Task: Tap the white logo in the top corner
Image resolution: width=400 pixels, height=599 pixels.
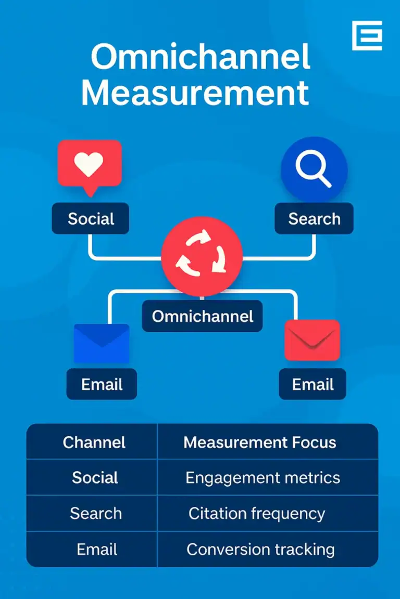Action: (x=367, y=35)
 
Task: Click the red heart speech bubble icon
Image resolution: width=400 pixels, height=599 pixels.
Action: (x=90, y=165)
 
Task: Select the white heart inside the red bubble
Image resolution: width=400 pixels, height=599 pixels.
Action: (x=90, y=163)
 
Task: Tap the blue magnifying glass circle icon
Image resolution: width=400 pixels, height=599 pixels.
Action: (x=314, y=168)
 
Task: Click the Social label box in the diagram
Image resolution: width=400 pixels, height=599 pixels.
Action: (x=91, y=218)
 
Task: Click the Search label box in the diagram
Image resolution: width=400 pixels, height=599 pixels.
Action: (x=314, y=218)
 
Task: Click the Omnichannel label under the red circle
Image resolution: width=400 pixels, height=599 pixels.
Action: (x=203, y=316)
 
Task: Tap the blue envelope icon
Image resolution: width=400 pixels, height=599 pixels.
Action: (x=102, y=343)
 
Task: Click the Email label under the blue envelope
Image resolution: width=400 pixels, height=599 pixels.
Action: (x=102, y=384)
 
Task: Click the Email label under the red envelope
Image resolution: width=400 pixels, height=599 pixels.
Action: (x=312, y=384)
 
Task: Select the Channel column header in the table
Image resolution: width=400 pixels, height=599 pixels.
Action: (x=94, y=442)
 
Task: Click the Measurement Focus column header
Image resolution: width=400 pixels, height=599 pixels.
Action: (x=260, y=442)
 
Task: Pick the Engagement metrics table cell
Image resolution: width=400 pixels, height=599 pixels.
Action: (x=262, y=478)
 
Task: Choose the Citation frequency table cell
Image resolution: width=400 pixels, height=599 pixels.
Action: (x=257, y=514)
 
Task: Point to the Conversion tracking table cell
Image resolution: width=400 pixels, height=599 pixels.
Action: (x=260, y=549)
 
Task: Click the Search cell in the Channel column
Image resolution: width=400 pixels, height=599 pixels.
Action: (x=96, y=514)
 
